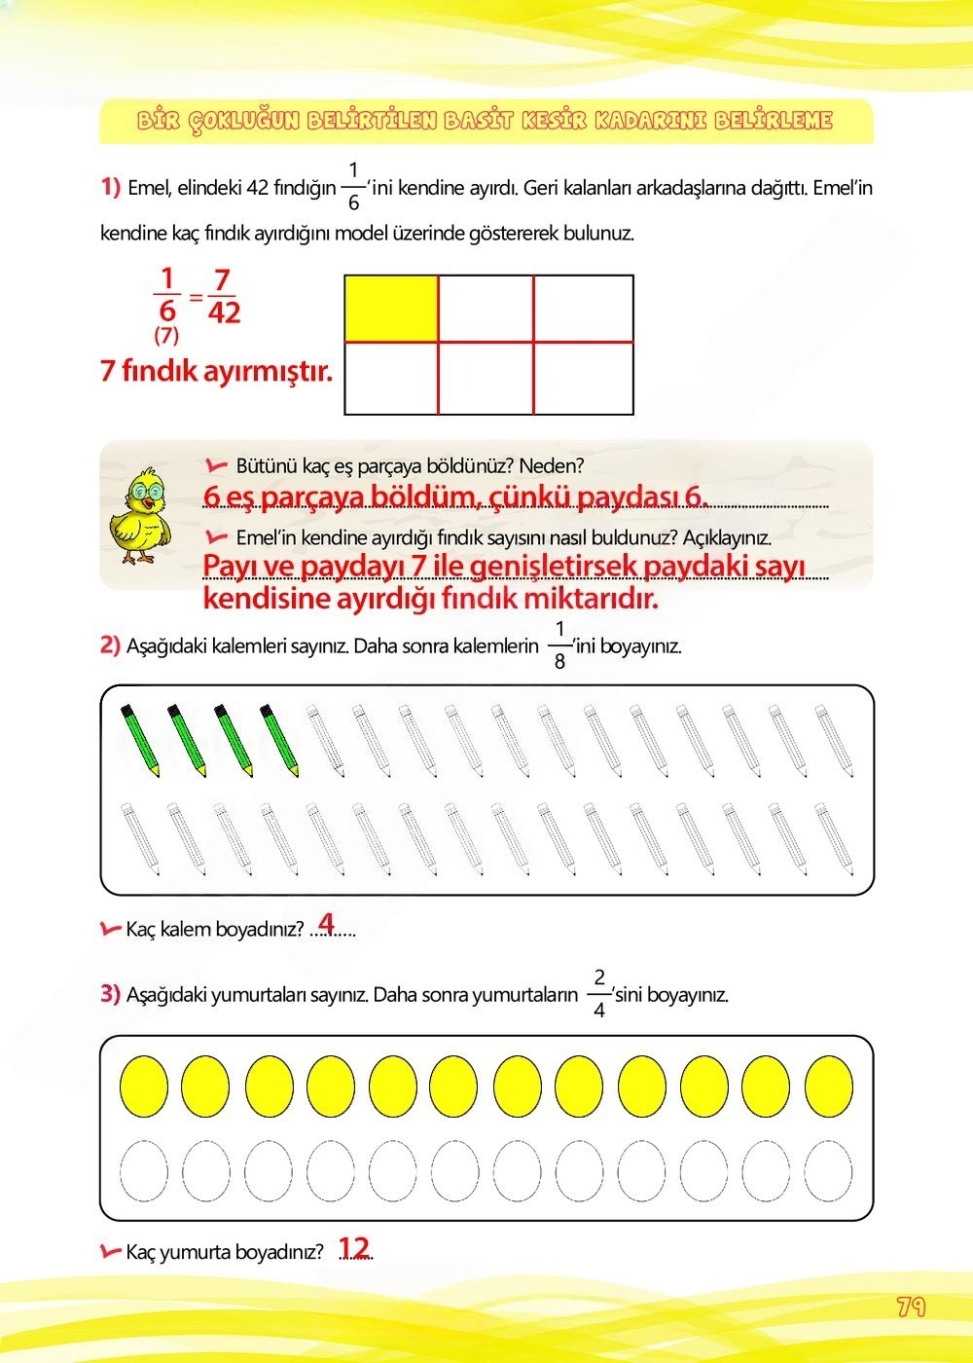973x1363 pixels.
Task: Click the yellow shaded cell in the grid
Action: pos(391,309)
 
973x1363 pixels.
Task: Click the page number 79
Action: pos(911,1307)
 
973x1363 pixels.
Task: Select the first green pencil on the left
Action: pos(140,741)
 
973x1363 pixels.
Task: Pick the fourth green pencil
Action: pos(280,741)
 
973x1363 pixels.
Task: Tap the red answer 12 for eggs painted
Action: pos(354,1248)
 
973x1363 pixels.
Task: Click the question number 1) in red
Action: pos(110,187)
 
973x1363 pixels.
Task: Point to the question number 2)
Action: pos(110,645)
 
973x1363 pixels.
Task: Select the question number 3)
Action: pos(110,994)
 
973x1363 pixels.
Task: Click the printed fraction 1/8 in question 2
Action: pos(559,645)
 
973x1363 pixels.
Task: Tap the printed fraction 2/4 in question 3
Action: pos(598,994)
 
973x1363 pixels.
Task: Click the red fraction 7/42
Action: pos(223,296)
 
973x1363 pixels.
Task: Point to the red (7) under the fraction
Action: pos(166,337)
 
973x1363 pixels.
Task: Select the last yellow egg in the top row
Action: pos(829,1086)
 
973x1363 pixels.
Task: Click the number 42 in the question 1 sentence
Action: pos(258,188)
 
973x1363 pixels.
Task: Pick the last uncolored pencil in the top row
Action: pos(834,741)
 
